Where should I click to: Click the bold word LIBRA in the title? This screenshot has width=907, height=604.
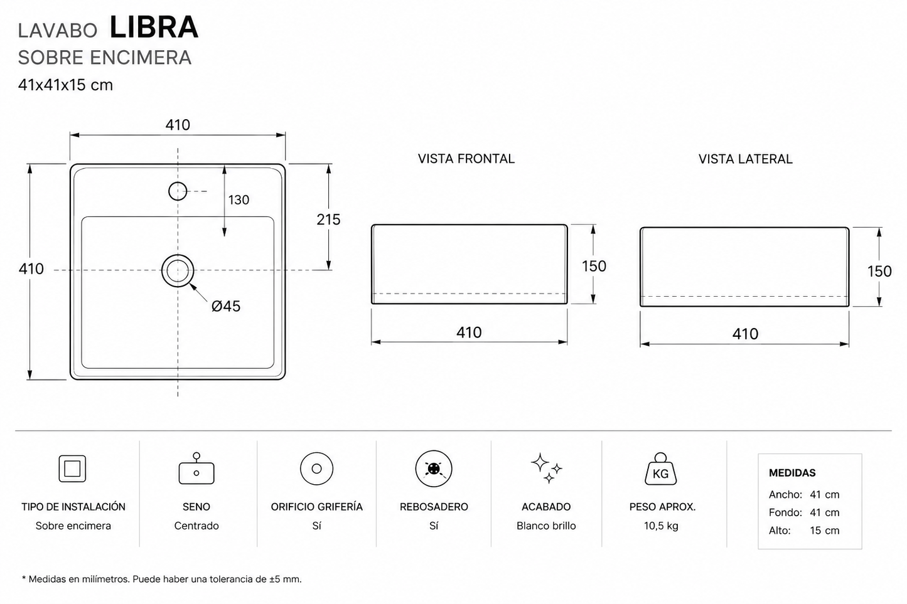coord(154,28)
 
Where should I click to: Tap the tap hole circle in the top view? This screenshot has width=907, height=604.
coord(178,183)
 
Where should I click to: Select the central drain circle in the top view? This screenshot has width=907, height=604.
coord(178,255)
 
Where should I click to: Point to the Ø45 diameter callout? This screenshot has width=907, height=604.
coord(226,306)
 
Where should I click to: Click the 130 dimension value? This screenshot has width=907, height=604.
coord(239,200)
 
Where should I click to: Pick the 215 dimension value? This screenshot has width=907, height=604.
coord(328,220)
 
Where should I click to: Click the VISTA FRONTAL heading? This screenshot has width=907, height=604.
coord(466,159)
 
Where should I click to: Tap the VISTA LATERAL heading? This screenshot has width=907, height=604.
coord(746,159)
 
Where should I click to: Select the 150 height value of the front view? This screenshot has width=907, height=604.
coord(594,266)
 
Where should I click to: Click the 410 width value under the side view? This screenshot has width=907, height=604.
coord(745,334)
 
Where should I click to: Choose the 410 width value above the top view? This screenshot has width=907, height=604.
coord(178,125)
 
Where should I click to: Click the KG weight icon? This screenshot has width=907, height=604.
coord(660,469)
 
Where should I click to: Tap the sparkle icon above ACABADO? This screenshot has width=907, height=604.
coord(546,469)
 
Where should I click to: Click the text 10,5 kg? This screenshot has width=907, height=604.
coord(661,526)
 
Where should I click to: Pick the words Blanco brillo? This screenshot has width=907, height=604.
coord(546,526)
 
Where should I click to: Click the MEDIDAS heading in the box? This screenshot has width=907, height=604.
coord(792,473)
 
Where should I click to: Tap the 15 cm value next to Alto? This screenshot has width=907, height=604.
coord(824,531)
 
